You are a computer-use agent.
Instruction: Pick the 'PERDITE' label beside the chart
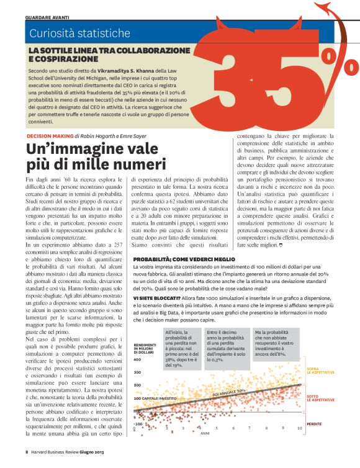(x=315, y=423)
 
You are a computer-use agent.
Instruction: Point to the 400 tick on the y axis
(x=137, y=359)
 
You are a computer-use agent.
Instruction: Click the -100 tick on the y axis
(x=138, y=424)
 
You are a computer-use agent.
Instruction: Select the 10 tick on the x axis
(x=300, y=428)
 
